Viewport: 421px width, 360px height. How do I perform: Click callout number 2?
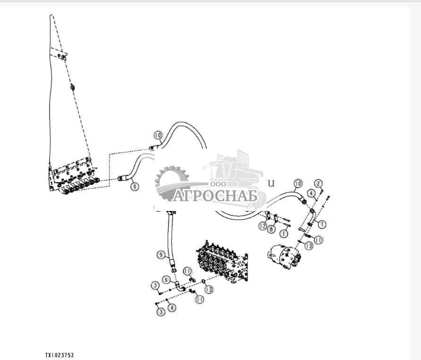pyautogui.click(x=319, y=183)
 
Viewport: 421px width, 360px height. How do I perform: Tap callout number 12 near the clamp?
pyautogui.click(x=263, y=227)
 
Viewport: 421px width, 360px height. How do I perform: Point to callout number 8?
pyautogui.click(x=271, y=229)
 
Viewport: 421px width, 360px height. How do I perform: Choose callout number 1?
pyautogui.click(x=284, y=233)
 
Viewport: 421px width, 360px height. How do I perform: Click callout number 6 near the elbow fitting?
pyautogui.click(x=166, y=280)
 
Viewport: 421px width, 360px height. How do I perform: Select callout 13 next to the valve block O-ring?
pyautogui.click(x=208, y=289)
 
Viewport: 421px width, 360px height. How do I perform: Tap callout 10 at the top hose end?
pyautogui.click(x=158, y=135)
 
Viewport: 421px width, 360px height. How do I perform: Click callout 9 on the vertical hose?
pyautogui.click(x=162, y=255)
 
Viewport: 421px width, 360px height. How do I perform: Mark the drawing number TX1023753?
pyautogui.click(x=60, y=355)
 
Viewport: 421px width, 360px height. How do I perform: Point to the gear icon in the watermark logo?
pyautogui.click(x=172, y=179)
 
